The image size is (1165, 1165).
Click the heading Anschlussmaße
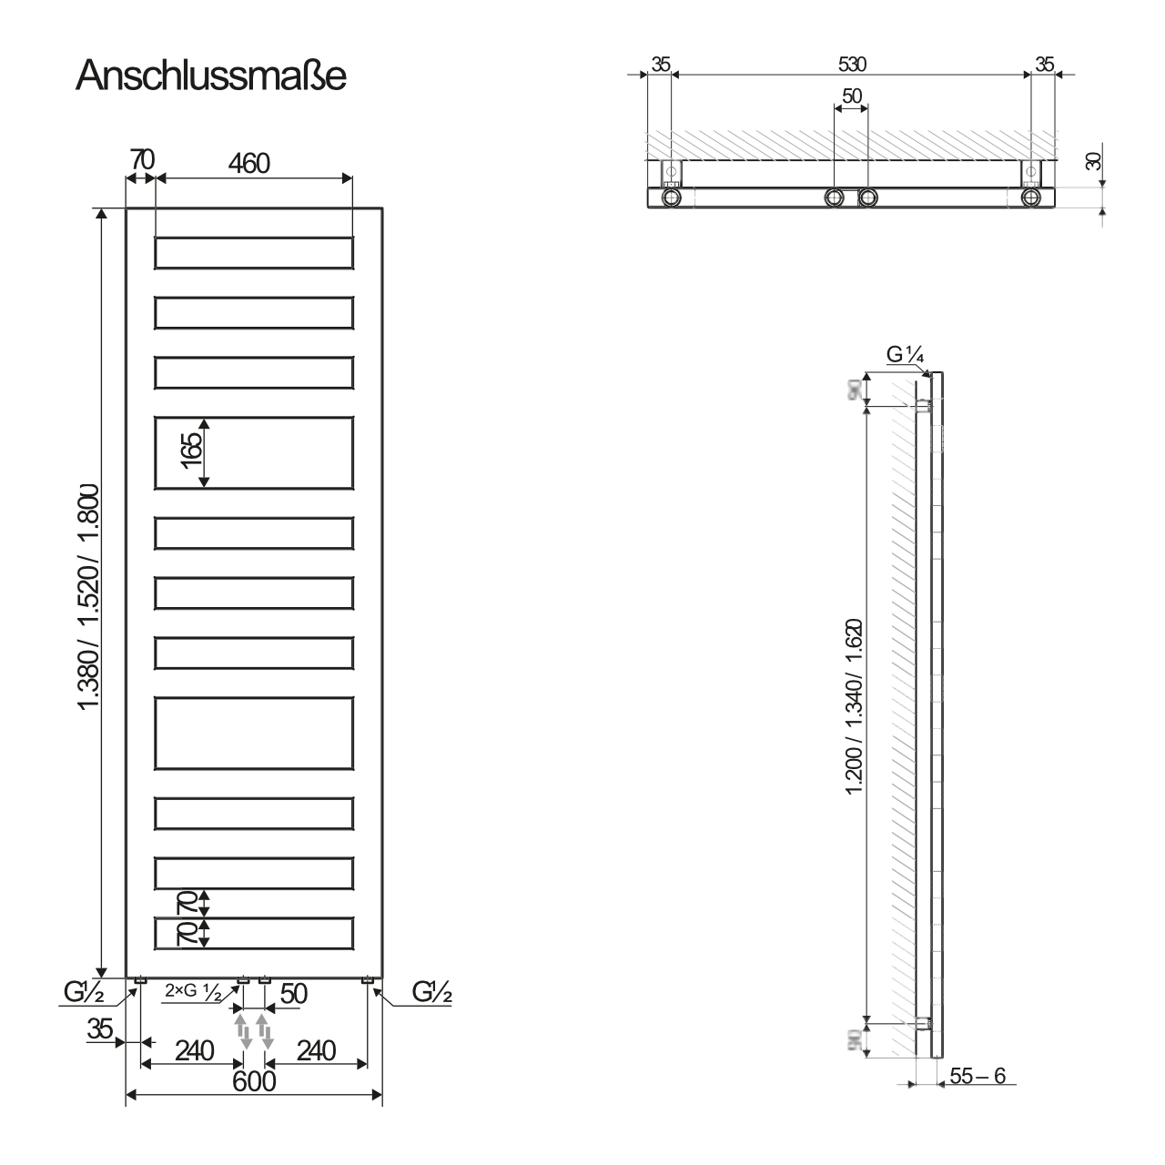(211, 76)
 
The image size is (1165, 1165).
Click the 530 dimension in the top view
(851, 64)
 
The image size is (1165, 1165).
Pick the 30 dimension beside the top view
(1093, 160)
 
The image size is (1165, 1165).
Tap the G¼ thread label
(906, 356)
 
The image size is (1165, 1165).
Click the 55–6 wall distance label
(977, 1075)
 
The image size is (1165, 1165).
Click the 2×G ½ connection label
(193, 994)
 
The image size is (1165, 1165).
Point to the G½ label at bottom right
(431, 991)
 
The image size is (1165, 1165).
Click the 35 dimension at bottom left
(100, 1029)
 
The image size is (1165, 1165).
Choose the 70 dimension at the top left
(141, 158)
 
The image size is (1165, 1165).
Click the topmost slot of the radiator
(254, 253)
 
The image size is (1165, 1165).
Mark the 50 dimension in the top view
(852, 96)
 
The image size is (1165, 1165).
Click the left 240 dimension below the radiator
(194, 1051)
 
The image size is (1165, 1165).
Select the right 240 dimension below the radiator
(316, 1051)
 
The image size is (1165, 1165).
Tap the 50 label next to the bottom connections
(294, 994)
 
